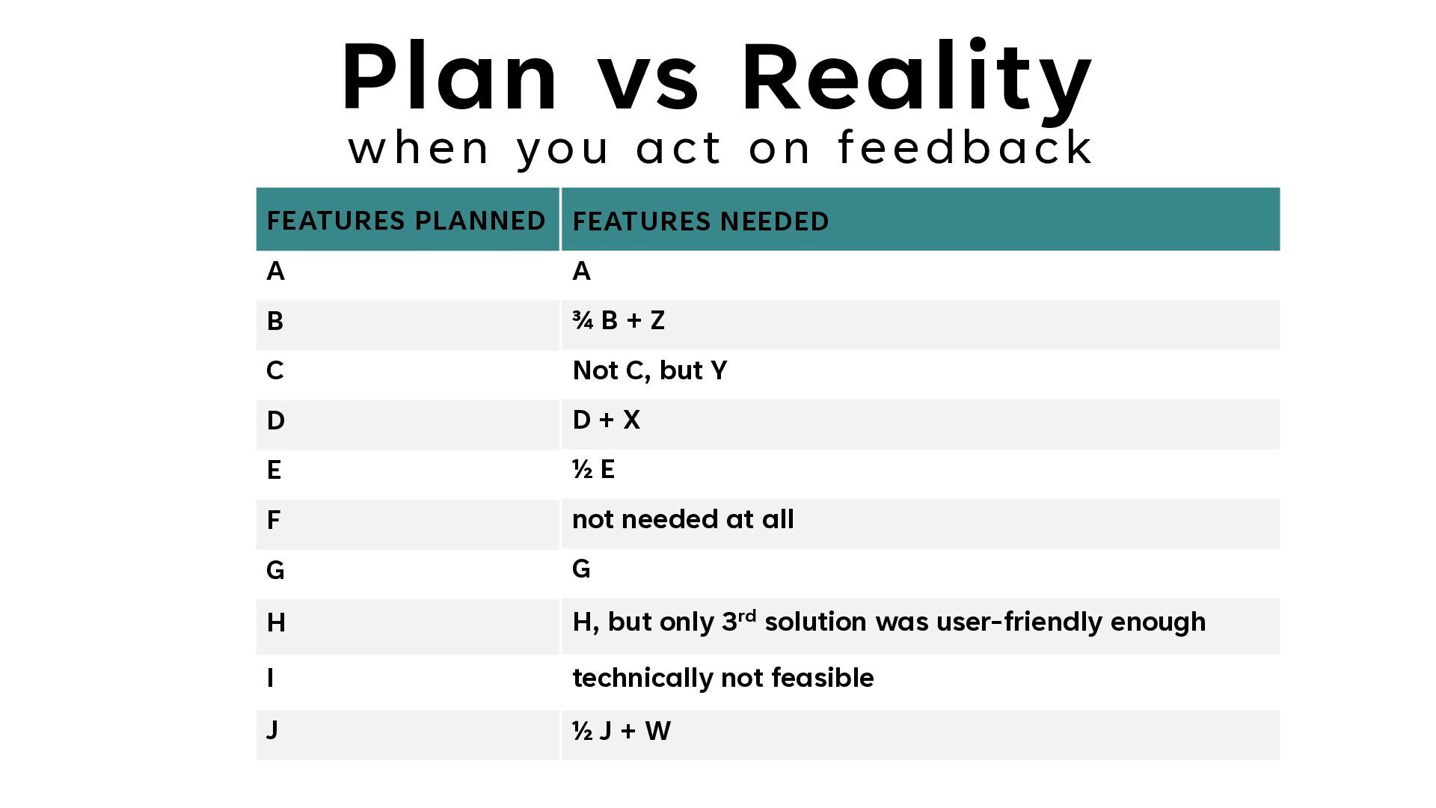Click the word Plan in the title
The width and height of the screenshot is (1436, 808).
[449, 76]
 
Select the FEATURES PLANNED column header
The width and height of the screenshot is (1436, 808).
[406, 221]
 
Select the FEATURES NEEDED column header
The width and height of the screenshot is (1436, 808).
[701, 221]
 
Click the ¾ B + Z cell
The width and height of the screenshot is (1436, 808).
[619, 320]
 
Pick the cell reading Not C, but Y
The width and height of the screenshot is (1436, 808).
[649, 370]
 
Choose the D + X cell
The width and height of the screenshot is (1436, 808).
[606, 420]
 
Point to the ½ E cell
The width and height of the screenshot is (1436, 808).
[593, 469]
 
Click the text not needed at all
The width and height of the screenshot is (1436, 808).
[683, 519]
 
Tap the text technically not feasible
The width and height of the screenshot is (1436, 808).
[722, 678]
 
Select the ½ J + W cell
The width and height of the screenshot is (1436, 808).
[621, 730]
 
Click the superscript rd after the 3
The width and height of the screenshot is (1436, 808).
[747, 616]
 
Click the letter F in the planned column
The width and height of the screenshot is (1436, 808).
[273, 520]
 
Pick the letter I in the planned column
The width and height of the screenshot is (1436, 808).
[270, 678]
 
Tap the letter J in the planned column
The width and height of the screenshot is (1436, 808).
[272, 729]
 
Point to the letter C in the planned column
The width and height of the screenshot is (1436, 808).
[274, 370]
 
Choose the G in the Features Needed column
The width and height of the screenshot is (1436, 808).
[581, 569]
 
